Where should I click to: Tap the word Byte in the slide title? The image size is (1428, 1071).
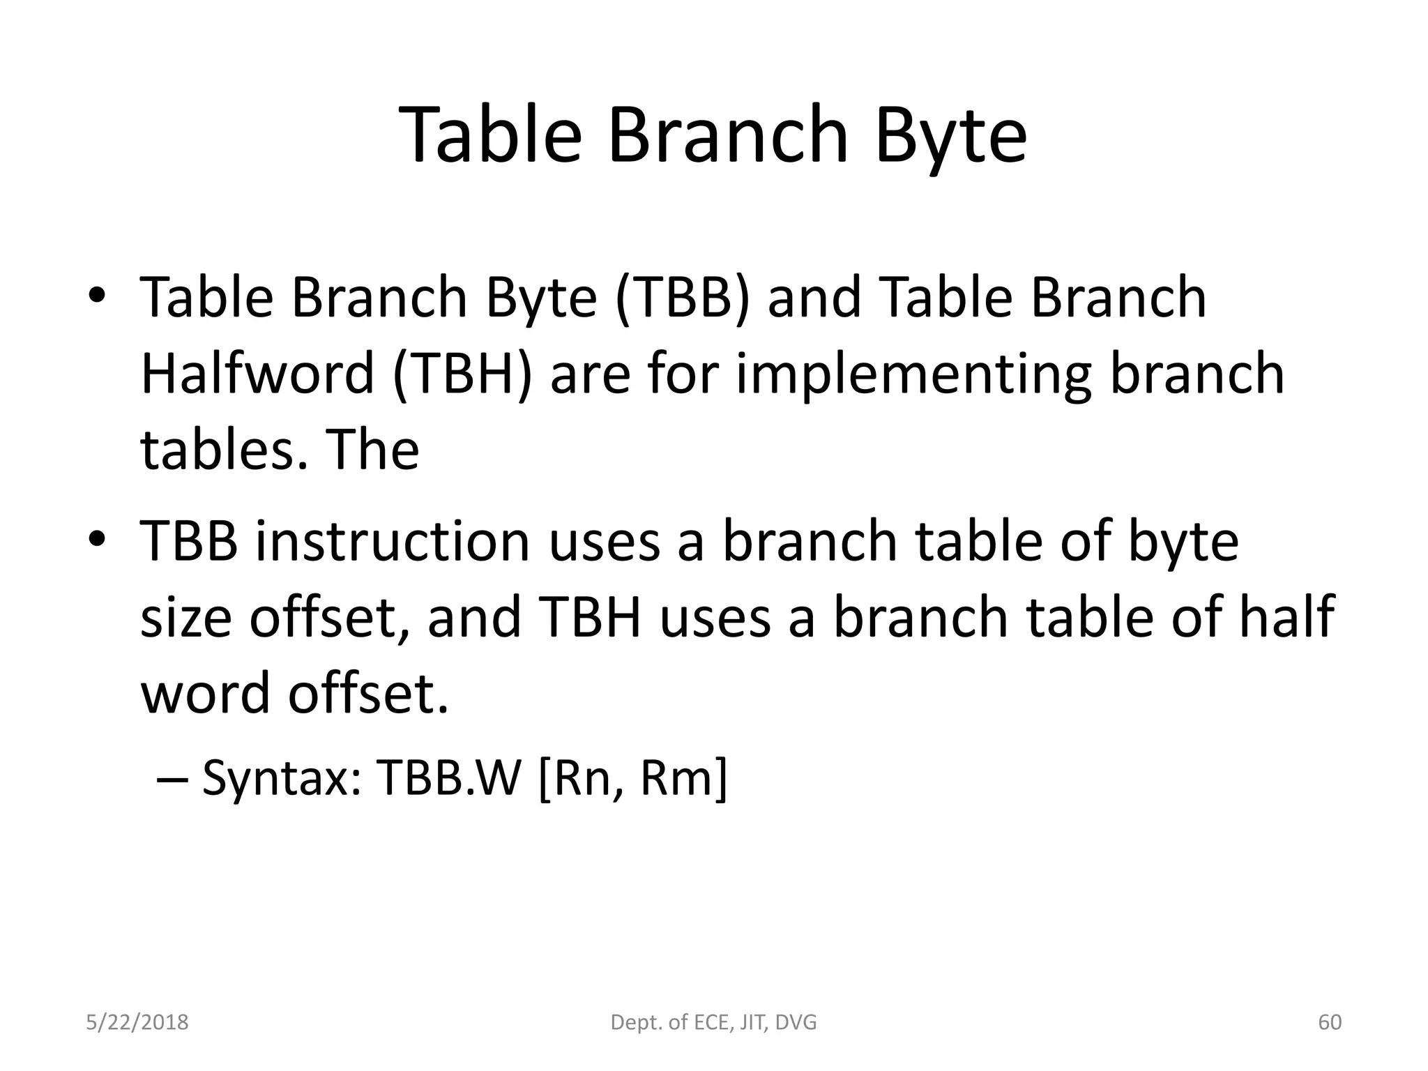pyautogui.click(x=950, y=136)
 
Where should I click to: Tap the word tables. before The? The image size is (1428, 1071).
pyautogui.click(x=224, y=450)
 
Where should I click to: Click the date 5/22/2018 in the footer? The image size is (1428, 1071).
pyautogui.click(x=137, y=1022)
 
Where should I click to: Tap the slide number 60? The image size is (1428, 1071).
pyautogui.click(x=1330, y=1022)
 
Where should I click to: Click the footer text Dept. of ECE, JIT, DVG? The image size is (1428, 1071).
pyautogui.click(x=713, y=1022)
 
